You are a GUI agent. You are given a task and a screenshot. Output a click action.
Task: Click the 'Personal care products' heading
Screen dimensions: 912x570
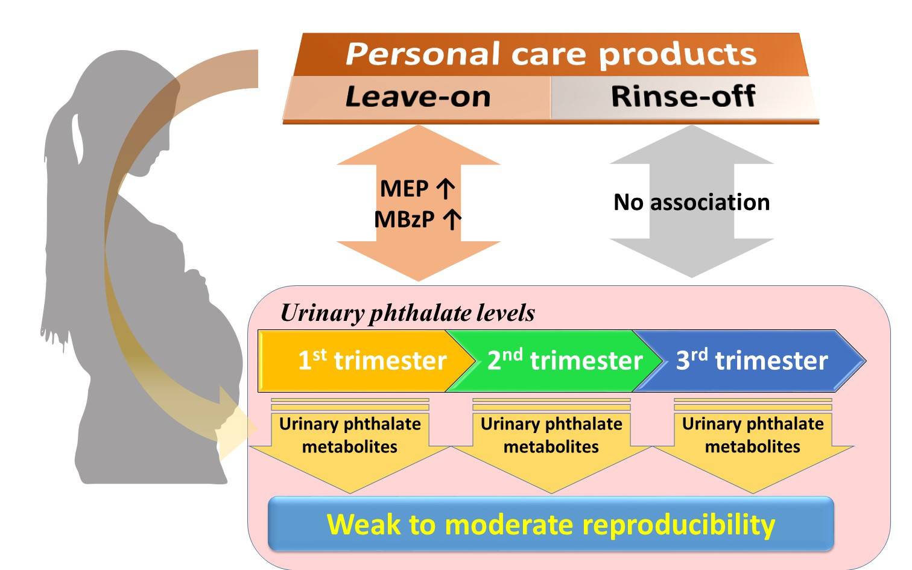550,54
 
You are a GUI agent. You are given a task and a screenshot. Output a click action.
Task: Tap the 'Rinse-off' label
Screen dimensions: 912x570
683,97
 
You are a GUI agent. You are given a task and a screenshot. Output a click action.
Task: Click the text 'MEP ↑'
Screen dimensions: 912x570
417,189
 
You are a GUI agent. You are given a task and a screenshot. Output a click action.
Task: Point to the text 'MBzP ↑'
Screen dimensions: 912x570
417,219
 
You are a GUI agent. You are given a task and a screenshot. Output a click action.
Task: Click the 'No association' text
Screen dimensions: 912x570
691,202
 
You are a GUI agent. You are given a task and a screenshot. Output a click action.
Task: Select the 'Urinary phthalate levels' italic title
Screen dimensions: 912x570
408,313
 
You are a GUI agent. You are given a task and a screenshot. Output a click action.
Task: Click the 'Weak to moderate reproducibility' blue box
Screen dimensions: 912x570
550,524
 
